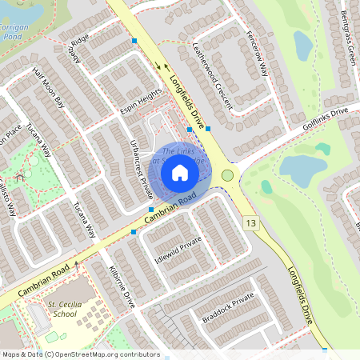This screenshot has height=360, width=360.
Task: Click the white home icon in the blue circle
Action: tap(180, 172)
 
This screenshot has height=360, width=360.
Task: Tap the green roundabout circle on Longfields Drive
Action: tap(228, 174)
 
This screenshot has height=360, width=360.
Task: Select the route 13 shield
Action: tap(252, 222)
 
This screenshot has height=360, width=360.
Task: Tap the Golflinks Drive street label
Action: tap(325, 121)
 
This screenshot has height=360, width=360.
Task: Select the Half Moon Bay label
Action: tap(48, 86)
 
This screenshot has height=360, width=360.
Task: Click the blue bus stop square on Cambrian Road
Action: tap(133, 231)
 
